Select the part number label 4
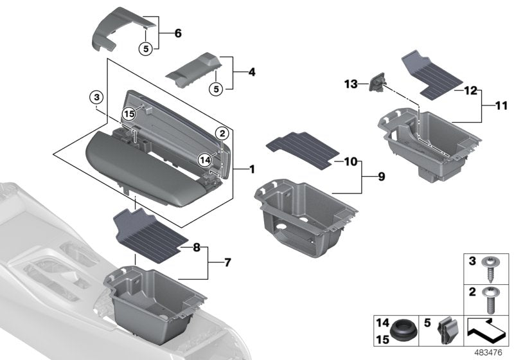(251, 73)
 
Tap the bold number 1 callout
(252, 170)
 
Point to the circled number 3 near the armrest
(96, 98)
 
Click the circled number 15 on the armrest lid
(130, 113)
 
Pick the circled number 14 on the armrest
(205, 159)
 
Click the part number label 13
(350, 84)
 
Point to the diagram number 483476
(489, 352)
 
